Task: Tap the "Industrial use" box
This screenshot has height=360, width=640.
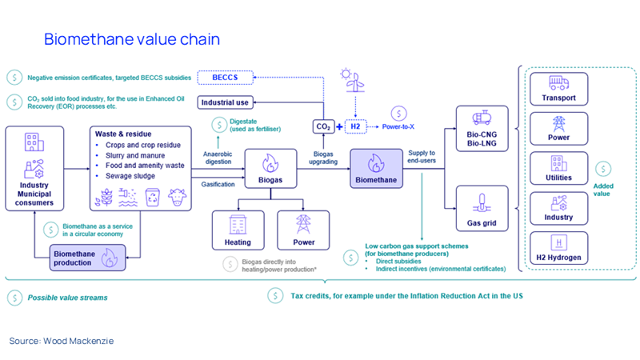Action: click(x=230, y=102)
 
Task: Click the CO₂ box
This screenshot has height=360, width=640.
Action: click(x=322, y=126)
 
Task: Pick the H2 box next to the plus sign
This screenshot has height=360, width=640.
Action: click(x=362, y=126)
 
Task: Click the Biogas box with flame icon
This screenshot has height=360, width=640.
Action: click(x=268, y=170)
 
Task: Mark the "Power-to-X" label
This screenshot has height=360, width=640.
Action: click(x=400, y=126)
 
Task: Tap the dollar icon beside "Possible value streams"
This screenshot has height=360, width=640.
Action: click(x=14, y=297)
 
